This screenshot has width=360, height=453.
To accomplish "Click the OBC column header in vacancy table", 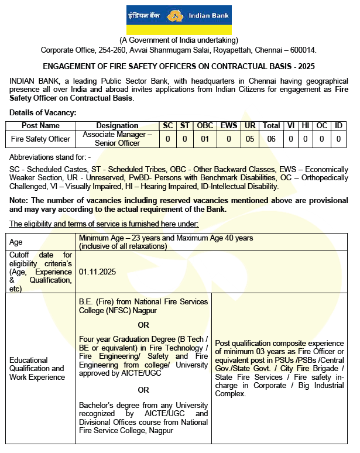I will click(x=205, y=125).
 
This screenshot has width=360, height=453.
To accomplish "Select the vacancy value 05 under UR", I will click(x=250, y=139).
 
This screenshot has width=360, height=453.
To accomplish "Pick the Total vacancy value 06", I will click(x=271, y=139).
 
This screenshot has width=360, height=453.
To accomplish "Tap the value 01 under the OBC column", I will click(x=205, y=139).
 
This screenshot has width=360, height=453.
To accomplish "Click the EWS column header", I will click(x=228, y=125).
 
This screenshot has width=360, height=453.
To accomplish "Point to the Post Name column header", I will click(x=40, y=125).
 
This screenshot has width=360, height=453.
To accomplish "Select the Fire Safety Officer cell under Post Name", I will click(x=40, y=139).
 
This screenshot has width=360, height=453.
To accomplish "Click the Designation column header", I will click(x=117, y=125).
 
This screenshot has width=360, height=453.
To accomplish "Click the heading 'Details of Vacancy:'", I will click(x=43, y=112).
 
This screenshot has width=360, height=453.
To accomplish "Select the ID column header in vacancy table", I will click(x=338, y=125).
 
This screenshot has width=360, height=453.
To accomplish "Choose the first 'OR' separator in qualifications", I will click(x=143, y=325).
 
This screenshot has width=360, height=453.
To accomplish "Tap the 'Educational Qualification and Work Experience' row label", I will click(x=37, y=369).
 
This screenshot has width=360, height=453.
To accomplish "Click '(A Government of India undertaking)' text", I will click(x=179, y=40).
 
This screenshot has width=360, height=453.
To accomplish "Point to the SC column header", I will click(x=167, y=125).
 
